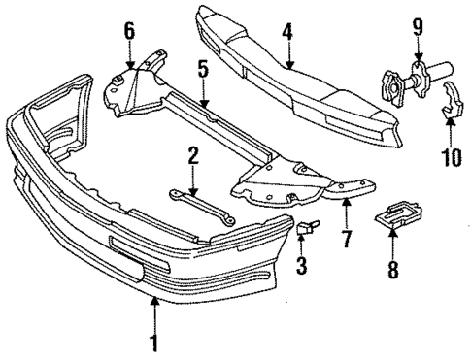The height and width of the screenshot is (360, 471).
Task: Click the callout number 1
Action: (x=153, y=344)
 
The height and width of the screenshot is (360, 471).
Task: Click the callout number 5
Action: (x=203, y=71)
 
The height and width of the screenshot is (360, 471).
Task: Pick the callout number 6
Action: (x=129, y=32)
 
